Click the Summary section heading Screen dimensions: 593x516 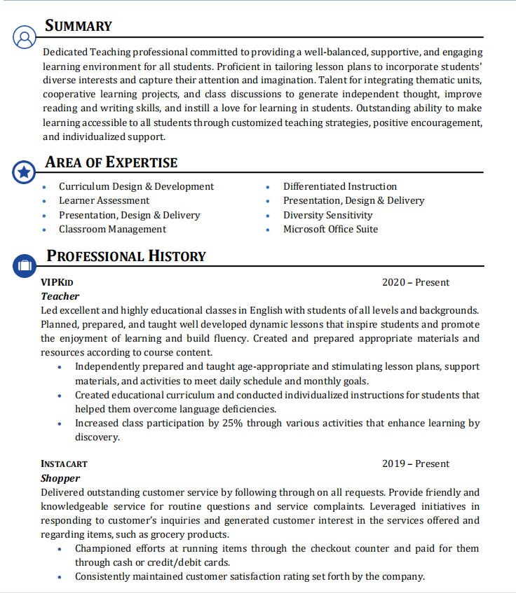(79, 27)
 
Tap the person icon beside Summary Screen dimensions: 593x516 (24, 37)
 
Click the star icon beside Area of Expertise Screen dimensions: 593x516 (24, 172)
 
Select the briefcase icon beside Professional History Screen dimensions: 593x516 (24, 265)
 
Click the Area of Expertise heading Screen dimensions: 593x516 (111, 162)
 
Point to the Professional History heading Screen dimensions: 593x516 (126, 256)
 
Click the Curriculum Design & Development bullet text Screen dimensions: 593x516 (136, 187)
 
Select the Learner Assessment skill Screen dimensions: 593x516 (104, 201)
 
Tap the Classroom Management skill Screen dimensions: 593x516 (112, 230)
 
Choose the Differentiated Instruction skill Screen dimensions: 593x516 (340, 187)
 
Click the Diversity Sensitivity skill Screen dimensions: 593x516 (327, 216)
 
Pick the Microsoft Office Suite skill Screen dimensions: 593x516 (330, 230)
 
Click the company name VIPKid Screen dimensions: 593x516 (57, 283)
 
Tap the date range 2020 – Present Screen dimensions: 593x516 (416, 283)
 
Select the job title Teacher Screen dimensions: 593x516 (60, 297)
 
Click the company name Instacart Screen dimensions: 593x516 (64, 464)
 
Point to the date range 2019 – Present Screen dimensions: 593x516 (416, 464)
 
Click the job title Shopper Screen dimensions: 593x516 (60, 478)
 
